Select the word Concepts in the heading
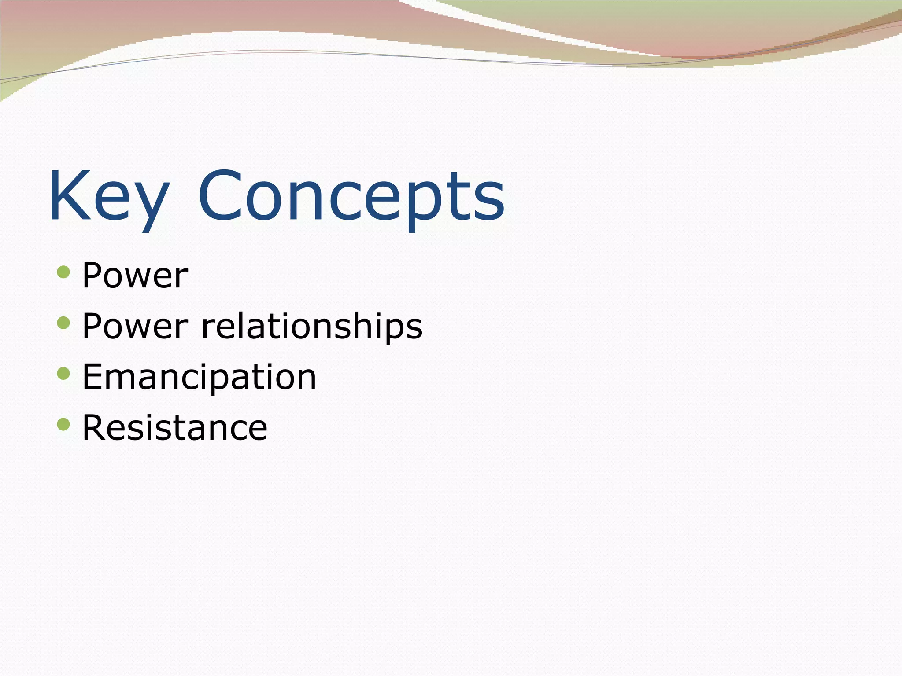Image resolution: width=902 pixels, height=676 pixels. pyautogui.click(x=351, y=196)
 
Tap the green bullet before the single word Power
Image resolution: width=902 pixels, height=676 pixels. pyautogui.click(x=63, y=272)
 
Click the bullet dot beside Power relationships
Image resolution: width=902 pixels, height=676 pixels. pyautogui.click(x=63, y=323)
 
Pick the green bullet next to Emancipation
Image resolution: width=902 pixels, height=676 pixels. pyautogui.click(x=63, y=374)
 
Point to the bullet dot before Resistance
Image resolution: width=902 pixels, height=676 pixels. pyautogui.click(x=63, y=424)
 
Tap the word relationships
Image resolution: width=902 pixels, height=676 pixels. pyautogui.click(x=312, y=327)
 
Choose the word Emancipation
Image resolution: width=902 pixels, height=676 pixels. pyautogui.click(x=199, y=377)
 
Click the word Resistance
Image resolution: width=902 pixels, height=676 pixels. pyautogui.click(x=175, y=428)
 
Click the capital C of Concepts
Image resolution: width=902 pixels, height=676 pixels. pyautogui.click(x=220, y=196)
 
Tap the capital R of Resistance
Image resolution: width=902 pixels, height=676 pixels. pyautogui.click(x=93, y=428)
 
